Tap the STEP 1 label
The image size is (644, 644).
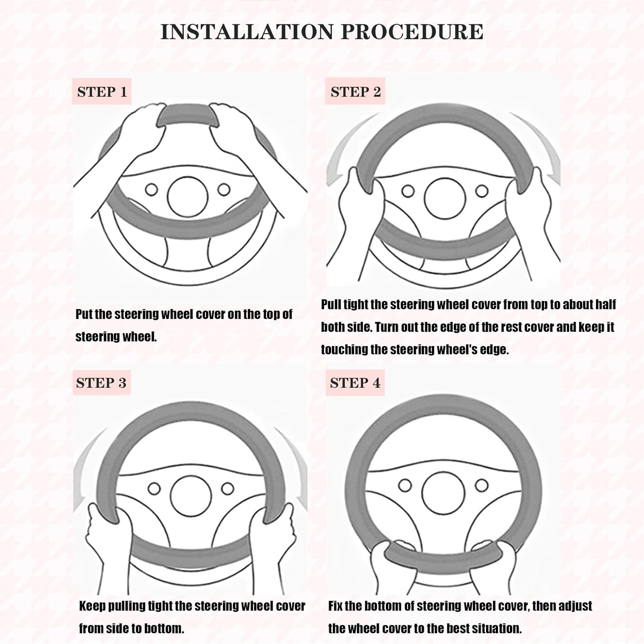pyautogui.click(x=102, y=92)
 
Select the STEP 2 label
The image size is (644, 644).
pyautogui.click(x=355, y=92)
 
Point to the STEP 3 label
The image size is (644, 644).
pyautogui.click(x=101, y=383)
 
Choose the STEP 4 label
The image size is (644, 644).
pyautogui.click(x=355, y=383)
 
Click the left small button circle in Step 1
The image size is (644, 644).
pyautogui.click(x=151, y=189)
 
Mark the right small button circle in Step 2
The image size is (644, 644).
pyautogui.click(x=482, y=190)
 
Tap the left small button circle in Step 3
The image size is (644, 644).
pyautogui.click(x=154, y=489)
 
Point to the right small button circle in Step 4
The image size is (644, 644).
pyautogui.click(x=481, y=485)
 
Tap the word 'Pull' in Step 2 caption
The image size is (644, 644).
pyautogui.click(x=331, y=305)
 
